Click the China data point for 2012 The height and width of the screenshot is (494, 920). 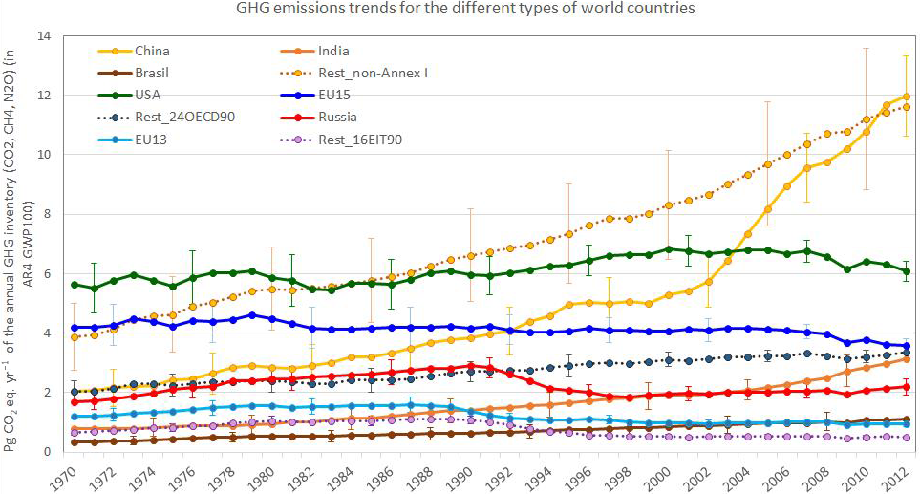click(x=905, y=97)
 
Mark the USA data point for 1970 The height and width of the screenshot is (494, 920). click(x=75, y=285)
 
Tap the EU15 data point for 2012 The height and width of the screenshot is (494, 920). click(x=905, y=346)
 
